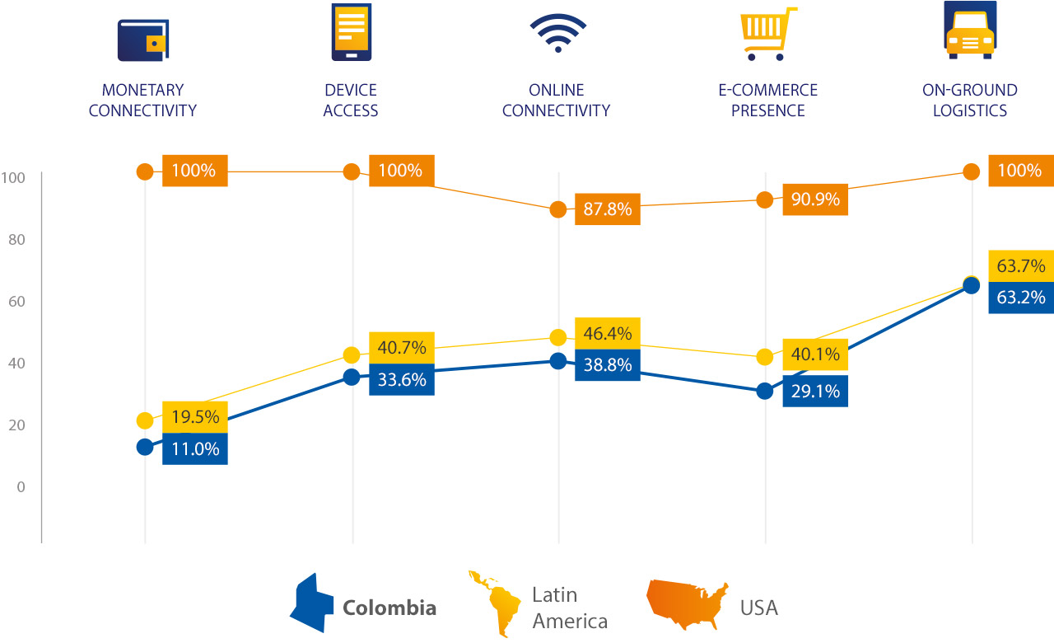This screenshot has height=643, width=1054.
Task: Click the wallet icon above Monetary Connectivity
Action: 143,40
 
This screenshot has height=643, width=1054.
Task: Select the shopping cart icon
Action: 767,35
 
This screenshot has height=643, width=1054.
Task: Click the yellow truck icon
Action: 970,31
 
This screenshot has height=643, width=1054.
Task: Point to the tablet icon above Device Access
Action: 351,31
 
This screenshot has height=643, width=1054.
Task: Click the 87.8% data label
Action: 607,209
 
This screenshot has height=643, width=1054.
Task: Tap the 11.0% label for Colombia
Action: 194,448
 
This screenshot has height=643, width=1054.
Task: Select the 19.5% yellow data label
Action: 194,417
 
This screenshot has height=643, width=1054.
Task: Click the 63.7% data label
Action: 1020,266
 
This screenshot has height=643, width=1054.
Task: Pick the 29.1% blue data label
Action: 814,391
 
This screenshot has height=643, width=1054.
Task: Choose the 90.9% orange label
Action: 814,199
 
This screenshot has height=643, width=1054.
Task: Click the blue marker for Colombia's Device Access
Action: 352,378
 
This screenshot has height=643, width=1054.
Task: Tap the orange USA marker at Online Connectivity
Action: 558,209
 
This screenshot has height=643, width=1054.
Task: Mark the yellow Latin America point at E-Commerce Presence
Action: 765,357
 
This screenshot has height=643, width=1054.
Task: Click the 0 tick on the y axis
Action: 20,486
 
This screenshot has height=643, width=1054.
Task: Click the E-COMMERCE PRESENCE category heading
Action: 767,101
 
